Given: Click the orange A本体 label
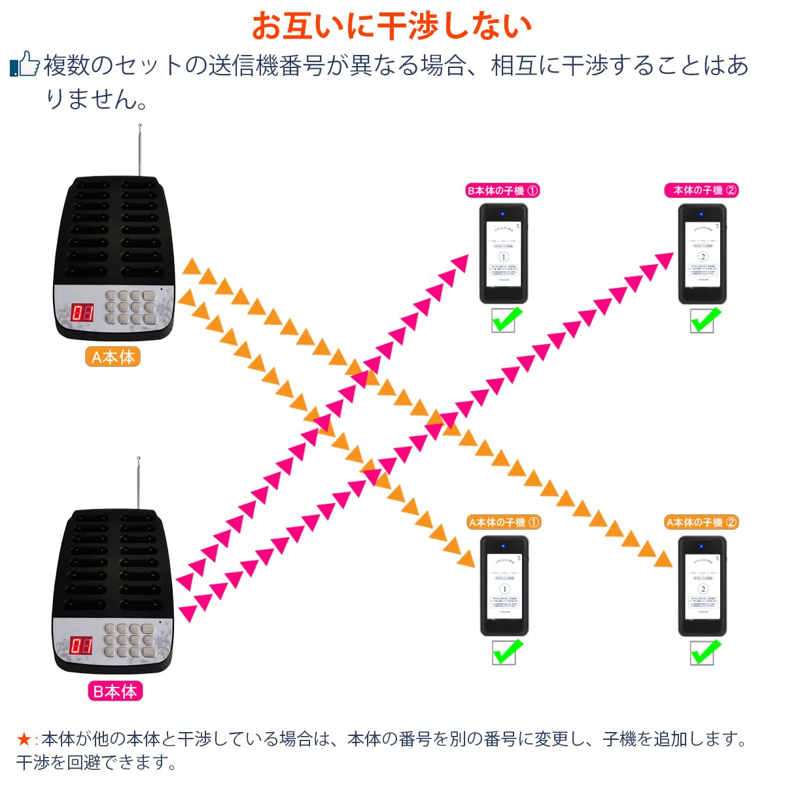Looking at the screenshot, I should point(113,357).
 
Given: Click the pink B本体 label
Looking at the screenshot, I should point(114,691).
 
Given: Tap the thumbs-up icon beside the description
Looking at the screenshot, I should point(25,65).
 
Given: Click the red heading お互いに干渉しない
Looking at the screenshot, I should point(391,26).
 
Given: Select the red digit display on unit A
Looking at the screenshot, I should point(82,313).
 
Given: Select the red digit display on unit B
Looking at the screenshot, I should point(82,646).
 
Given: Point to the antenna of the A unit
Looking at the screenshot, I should point(139,150).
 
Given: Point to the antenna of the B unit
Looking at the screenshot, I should point(138,484).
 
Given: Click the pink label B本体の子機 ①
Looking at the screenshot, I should point(502,191).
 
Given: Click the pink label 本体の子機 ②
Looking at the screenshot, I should point(701,190).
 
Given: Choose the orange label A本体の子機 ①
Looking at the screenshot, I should point(504,523).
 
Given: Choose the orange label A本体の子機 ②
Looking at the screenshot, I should point(701,523).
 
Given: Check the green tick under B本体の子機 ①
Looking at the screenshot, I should point(505,321).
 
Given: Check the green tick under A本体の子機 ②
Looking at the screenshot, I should point(703,652).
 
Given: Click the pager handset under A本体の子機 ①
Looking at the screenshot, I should point(504,585).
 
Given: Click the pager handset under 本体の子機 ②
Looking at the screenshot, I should point(702,254).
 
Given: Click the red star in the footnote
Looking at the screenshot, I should point(24,740).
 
